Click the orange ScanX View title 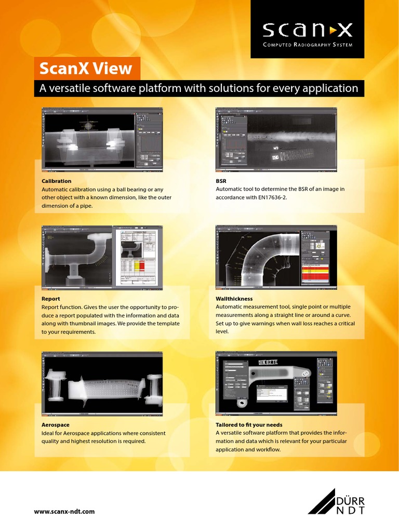click(87, 69)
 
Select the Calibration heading click(57, 181)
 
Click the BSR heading click(221, 181)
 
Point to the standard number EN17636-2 click(268, 198)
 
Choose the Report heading click(51, 299)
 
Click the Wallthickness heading click(234, 299)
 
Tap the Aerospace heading click(56, 424)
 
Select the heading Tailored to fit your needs click(249, 424)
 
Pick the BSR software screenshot click(276, 140)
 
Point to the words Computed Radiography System click(307, 45)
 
